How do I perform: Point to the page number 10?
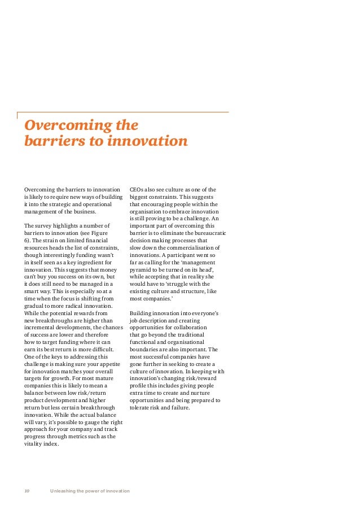(27, 490)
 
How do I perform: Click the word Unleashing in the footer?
(64, 490)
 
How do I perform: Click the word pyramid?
(142, 270)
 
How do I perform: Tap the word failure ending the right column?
(179, 408)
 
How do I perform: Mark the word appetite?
(110, 364)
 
